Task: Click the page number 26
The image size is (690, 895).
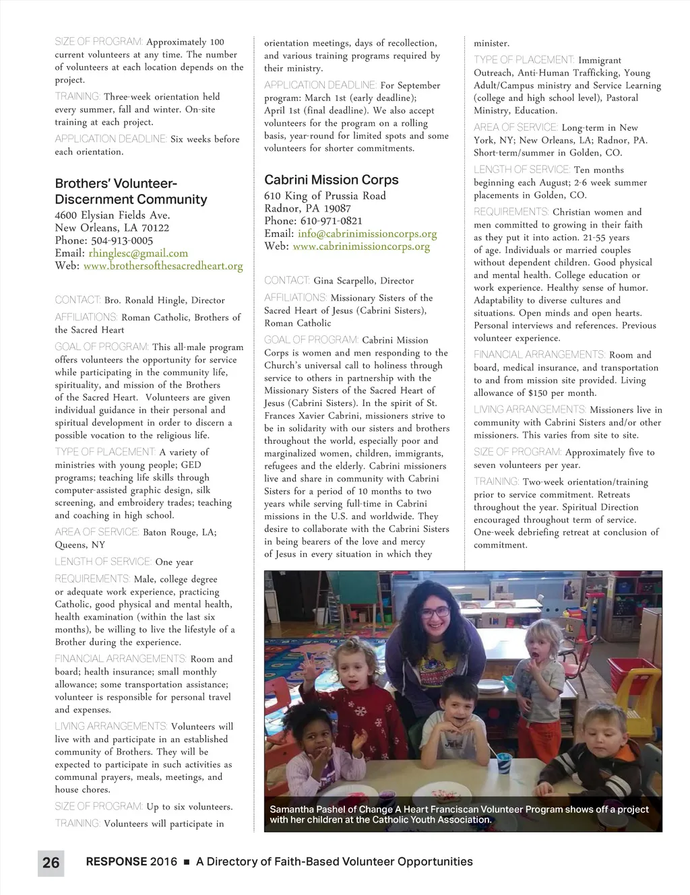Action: pos(51,863)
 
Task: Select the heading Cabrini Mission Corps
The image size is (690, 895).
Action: pos(331,180)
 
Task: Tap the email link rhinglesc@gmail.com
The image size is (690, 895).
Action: pos(138,253)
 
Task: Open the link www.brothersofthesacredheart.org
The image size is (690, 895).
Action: pos(163,266)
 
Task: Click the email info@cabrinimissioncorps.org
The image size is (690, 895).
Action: pos(367,234)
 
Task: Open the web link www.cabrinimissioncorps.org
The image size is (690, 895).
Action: pos(361,246)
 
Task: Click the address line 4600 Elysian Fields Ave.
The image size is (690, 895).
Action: pos(112,216)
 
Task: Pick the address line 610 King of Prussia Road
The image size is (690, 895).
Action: pos(325,196)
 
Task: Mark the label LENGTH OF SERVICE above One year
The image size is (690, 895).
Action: pos(102,562)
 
